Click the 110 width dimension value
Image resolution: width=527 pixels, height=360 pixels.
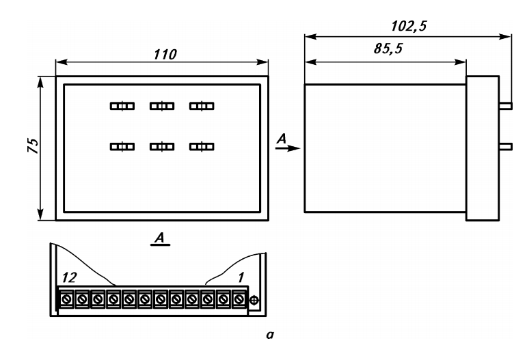165,55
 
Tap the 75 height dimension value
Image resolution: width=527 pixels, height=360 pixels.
33,146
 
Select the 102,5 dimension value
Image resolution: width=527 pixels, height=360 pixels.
409,26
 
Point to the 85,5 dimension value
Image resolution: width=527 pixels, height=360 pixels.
388,49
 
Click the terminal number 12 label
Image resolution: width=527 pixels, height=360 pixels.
70,278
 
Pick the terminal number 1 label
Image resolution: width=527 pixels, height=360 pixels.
241,278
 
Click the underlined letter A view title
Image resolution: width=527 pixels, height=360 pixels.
160,239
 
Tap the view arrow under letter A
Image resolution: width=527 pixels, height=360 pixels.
288,148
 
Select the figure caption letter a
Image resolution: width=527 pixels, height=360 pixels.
270,335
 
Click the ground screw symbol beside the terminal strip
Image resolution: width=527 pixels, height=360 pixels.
254,300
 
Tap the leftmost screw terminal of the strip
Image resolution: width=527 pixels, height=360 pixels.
66,299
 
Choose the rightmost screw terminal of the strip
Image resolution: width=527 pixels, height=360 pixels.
239,299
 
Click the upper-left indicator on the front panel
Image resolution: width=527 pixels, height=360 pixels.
122,106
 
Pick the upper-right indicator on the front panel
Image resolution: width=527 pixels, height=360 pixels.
202,106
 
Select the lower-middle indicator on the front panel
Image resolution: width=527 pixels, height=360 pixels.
162,147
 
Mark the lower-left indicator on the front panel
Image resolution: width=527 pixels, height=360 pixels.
122,147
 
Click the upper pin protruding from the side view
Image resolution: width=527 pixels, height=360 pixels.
506,106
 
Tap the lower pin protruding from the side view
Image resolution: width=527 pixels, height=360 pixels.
506,146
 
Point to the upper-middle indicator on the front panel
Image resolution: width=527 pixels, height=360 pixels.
162,106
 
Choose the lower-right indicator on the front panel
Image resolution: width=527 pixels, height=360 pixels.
202,147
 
